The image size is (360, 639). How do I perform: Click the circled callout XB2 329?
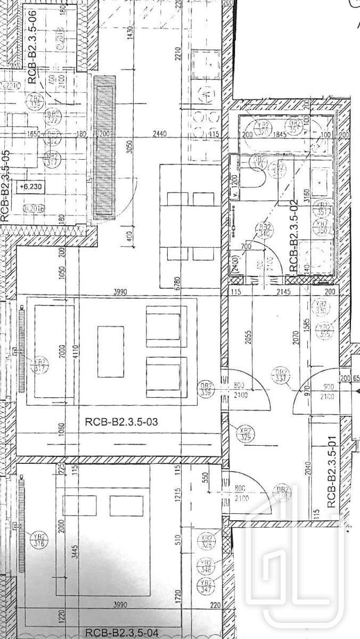point(246,433)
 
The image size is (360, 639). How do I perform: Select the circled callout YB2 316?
point(38,538)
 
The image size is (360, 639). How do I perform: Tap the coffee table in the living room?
point(111,351)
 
